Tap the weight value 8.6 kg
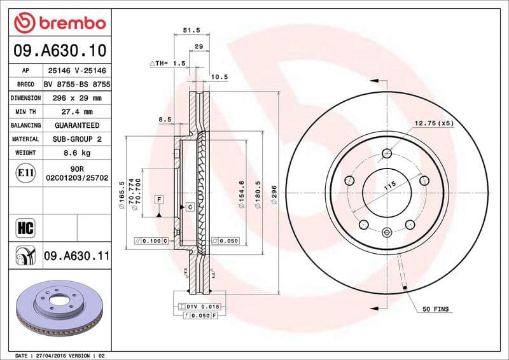click(76, 153)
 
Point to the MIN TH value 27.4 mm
click(76, 112)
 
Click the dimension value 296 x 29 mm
click(76, 98)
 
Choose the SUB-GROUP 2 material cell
click(76, 139)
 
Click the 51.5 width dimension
click(188, 30)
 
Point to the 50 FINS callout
click(436, 309)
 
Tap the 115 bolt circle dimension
click(389, 185)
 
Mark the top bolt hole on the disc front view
click(387, 153)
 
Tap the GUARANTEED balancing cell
click(76, 125)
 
